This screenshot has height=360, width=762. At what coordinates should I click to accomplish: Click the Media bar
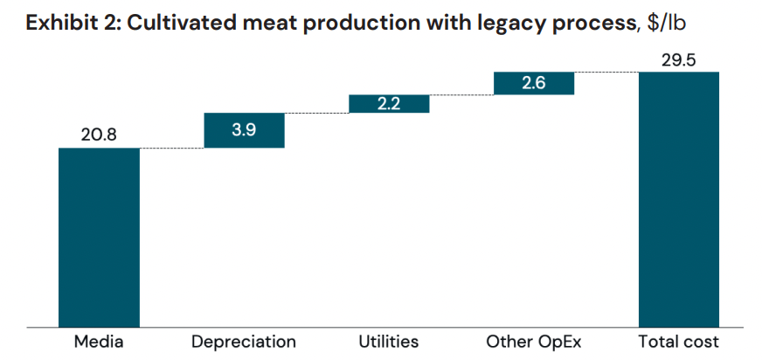99,236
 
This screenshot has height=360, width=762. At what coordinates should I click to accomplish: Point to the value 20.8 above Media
99,135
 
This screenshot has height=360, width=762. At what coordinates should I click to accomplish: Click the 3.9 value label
244,130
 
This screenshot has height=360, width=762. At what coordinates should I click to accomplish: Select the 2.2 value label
389,103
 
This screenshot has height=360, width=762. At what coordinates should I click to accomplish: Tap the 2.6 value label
534,83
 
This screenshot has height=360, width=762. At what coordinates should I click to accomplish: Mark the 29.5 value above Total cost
679,59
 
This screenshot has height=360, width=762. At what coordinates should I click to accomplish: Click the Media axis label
99,341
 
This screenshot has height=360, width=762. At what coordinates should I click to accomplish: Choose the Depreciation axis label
244,341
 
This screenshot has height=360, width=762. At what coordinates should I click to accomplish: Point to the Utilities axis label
389,341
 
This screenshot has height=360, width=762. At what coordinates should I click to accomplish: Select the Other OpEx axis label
534,341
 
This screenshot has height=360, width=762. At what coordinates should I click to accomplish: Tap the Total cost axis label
679,341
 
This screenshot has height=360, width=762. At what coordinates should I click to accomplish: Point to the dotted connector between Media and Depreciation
171,148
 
